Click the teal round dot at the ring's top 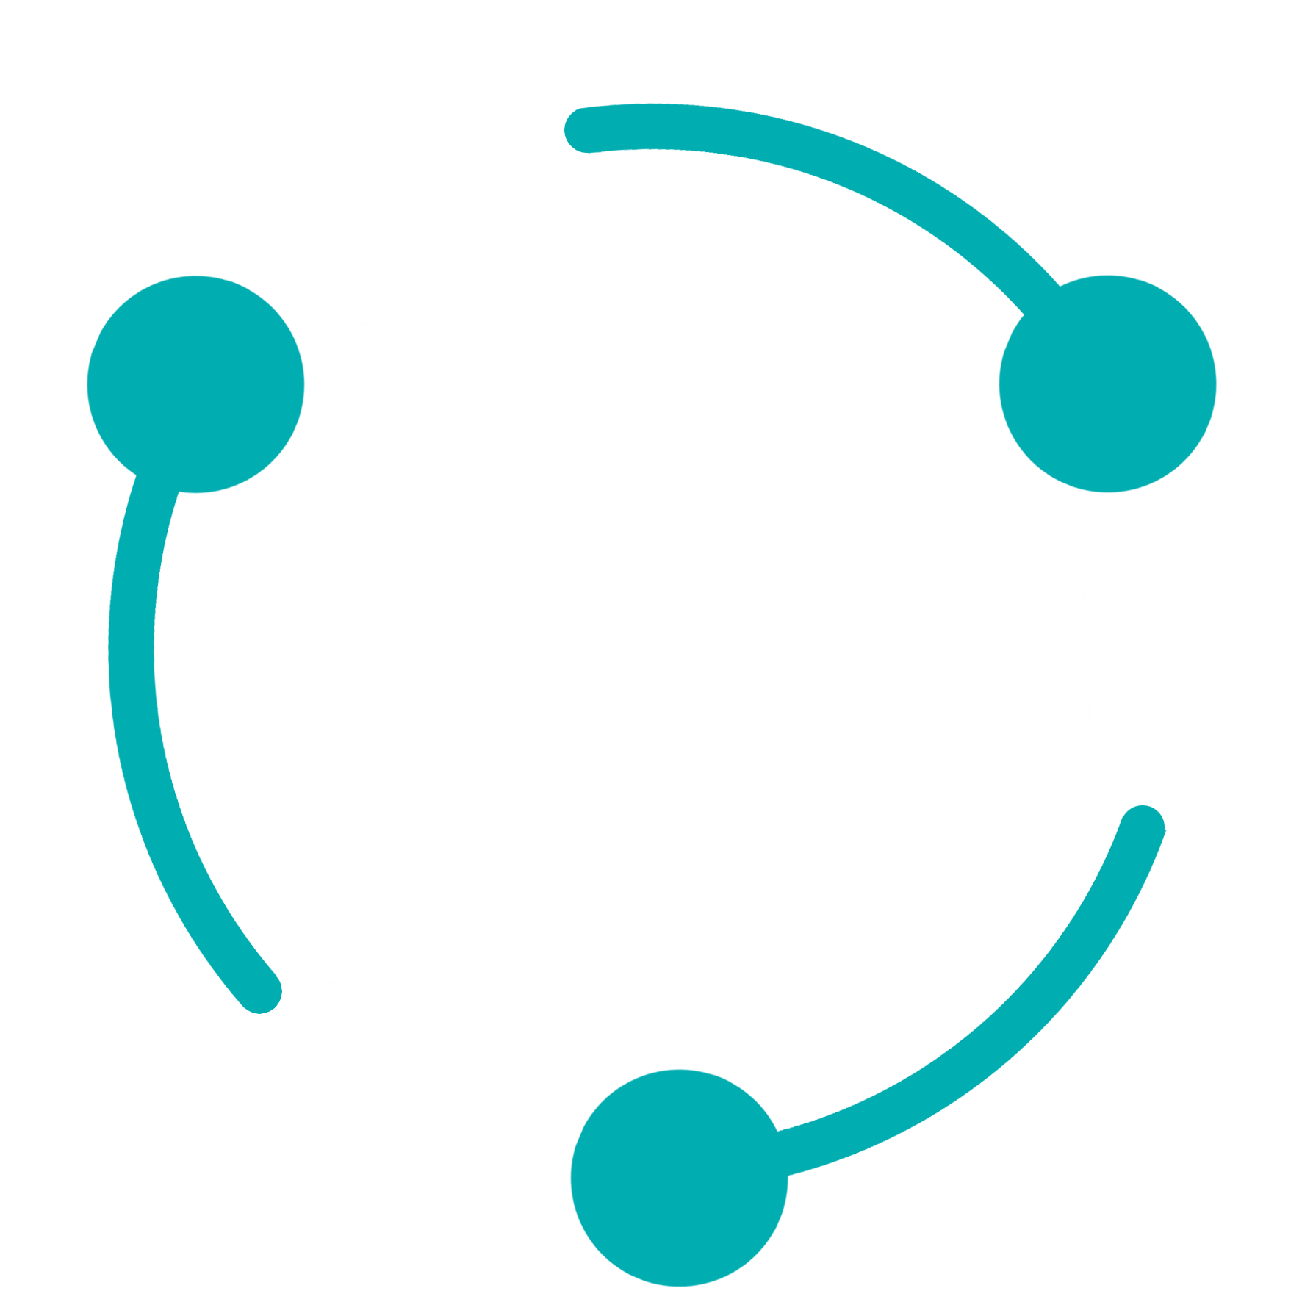583,130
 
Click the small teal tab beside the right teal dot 1160,849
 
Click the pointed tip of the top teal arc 1023,314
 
